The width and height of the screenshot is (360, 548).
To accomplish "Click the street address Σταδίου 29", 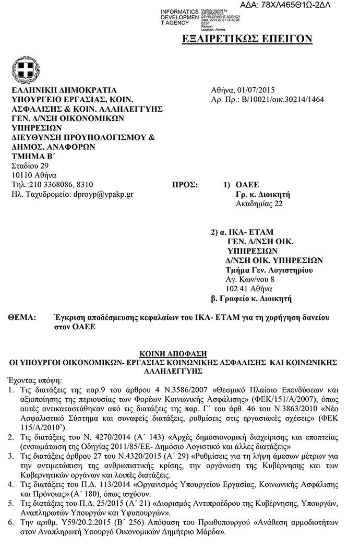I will [29, 165].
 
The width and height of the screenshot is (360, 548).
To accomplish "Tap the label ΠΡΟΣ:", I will [185, 185].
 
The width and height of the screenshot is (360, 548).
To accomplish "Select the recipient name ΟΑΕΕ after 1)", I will [247, 185].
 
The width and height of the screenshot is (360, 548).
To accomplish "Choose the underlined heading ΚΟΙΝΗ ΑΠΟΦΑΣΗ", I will [179, 353].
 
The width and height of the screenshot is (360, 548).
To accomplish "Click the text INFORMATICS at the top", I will [179, 11].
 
